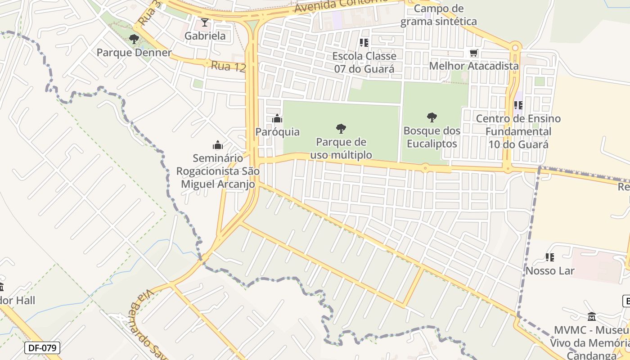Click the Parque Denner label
click(x=134, y=53)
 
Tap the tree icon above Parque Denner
click(x=134, y=39)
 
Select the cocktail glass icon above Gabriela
click(x=205, y=22)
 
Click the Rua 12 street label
click(x=228, y=67)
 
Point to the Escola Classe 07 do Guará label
click(x=364, y=63)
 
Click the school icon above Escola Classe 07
click(x=364, y=43)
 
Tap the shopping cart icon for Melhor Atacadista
click(x=473, y=53)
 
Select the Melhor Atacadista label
click(x=474, y=66)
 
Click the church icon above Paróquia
click(x=277, y=119)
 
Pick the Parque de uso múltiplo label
click(x=341, y=148)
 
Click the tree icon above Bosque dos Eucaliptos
click(x=432, y=118)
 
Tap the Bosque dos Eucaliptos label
click(x=432, y=137)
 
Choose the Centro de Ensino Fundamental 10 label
click(x=518, y=131)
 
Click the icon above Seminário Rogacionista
click(x=218, y=145)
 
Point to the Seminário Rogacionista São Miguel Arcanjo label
click(x=218, y=171)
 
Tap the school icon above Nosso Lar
click(x=549, y=257)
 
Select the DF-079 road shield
click(x=42, y=347)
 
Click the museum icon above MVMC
click(x=592, y=316)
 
